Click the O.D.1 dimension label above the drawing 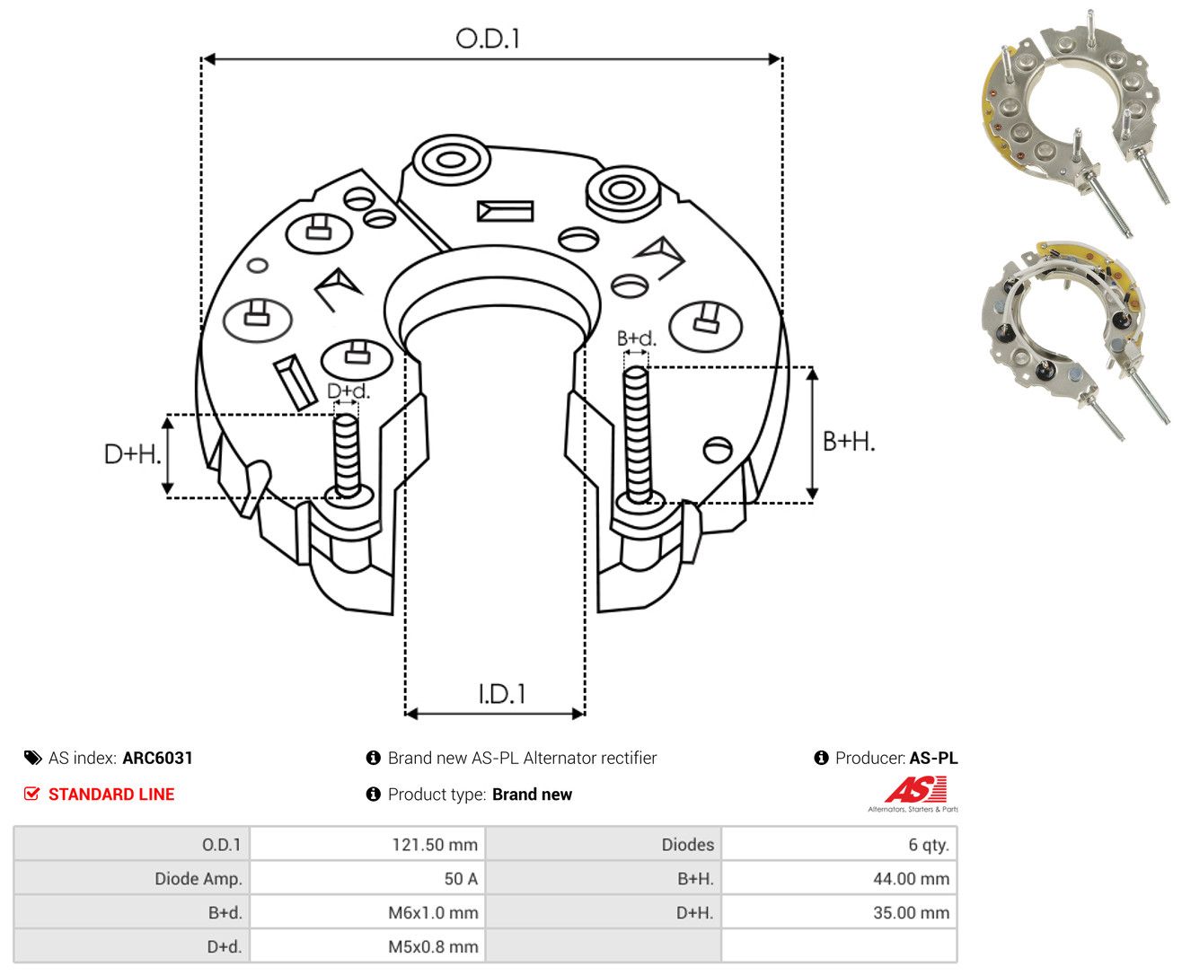pos(488,39)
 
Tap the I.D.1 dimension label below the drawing pos(502,694)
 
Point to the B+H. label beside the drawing pos(849,442)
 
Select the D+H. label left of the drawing pos(132,454)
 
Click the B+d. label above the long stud pos(637,338)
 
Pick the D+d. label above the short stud pos(348,391)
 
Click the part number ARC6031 pos(157,758)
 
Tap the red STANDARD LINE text pos(111,794)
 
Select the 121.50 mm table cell pos(367,844)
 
